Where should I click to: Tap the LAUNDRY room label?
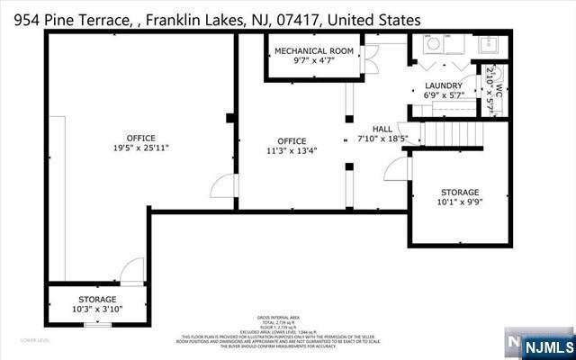click(x=443, y=86)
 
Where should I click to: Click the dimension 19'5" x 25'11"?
click(x=141, y=148)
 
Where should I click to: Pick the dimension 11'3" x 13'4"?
click(x=292, y=151)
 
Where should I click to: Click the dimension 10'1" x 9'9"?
click(x=459, y=202)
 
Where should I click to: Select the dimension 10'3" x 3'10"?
click(x=96, y=309)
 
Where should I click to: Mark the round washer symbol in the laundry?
click(x=432, y=44)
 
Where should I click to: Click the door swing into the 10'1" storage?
click(x=397, y=168)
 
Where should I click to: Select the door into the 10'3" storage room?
click(x=132, y=271)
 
